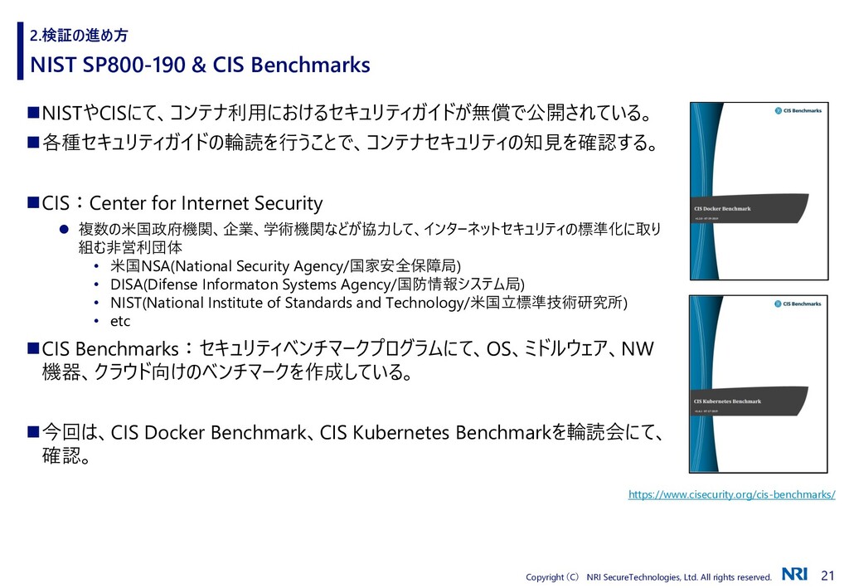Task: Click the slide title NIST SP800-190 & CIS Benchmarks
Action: (200, 65)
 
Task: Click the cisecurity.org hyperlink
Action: (731, 494)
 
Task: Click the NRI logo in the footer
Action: (793, 575)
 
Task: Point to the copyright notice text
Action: (648, 576)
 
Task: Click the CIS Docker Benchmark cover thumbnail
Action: (758, 191)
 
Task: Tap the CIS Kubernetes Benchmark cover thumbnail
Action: (758, 384)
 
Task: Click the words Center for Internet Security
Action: (206, 203)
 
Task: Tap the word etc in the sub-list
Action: (120, 321)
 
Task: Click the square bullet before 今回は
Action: (33, 431)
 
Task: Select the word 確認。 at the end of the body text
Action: (66, 457)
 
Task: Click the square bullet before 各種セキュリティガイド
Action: (33, 143)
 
